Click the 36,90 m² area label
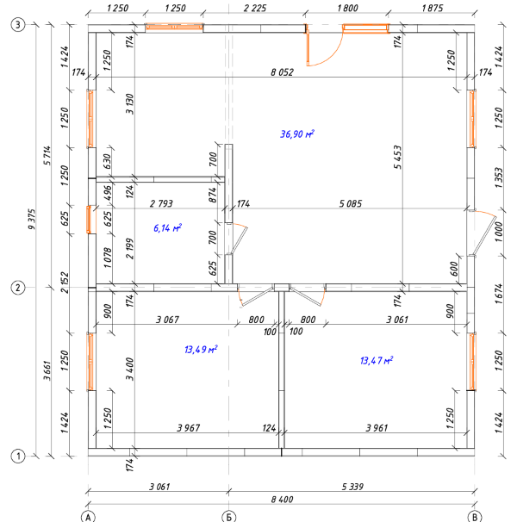click(297, 134)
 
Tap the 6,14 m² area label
click(167, 228)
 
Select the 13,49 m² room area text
click(201, 350)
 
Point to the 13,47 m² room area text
click(377, 360)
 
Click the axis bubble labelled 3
click(18, 26)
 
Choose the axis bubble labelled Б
click(228, 515)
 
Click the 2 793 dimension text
click(162, 204)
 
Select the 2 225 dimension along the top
click(256, 8)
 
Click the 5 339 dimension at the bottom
click(352, 487)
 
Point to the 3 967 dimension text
click(189, 427)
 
